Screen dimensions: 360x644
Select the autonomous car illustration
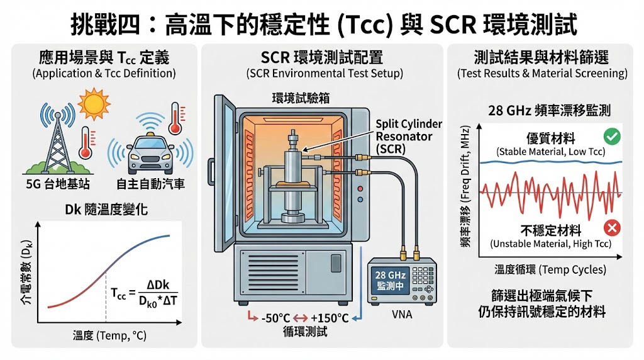click(150, 154)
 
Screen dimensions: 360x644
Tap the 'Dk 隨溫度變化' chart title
click(107, 208)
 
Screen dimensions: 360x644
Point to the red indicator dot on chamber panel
click(360, 188)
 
